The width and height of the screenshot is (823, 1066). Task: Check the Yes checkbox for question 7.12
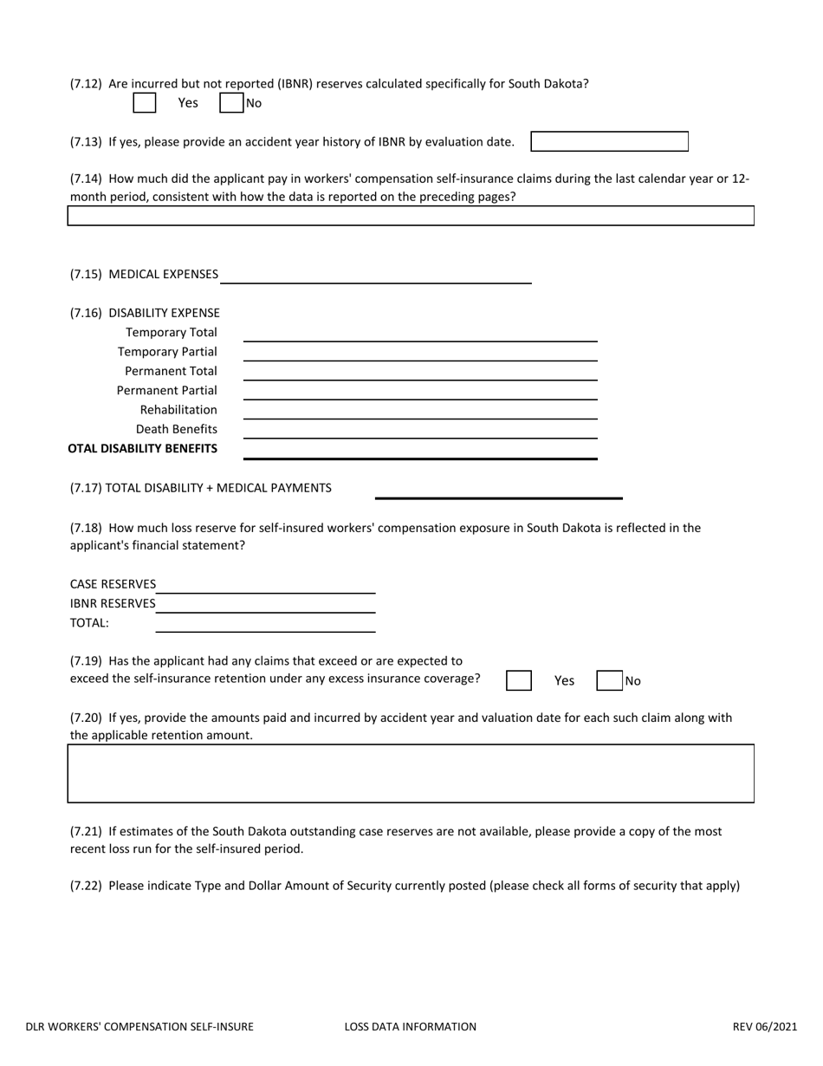pos(145,103)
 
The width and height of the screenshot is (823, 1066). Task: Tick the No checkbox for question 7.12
pos(231,103)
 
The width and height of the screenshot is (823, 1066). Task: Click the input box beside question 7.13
pos(609,141)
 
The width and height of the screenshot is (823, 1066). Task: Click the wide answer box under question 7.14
pos(411,216)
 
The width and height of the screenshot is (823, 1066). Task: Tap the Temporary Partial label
pos(167,352)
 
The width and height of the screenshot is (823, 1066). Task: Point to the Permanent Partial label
pos(167,391)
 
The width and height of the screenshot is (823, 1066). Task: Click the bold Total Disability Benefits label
pos(143,449)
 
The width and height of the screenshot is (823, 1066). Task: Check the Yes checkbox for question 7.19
pos(519,680)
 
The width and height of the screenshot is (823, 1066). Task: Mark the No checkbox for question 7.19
pos(610,680)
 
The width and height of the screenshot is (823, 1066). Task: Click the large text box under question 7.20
pos(411,773)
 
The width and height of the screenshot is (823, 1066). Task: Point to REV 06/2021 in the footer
pos(764,1027)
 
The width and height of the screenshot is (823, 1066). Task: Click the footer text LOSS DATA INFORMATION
pos(410,1027)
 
